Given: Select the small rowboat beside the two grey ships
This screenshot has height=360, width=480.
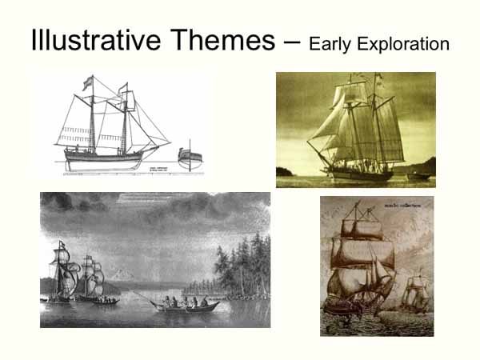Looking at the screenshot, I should point(105,301).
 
